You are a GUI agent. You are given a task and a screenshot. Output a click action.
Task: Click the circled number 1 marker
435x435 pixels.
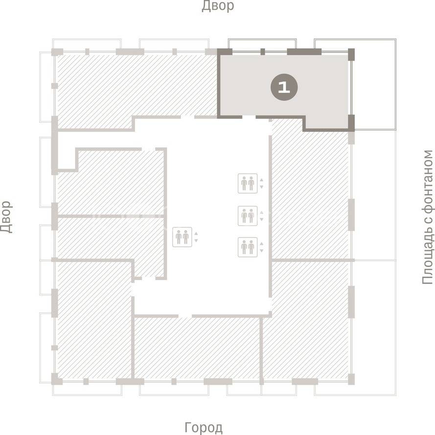pos(284,87)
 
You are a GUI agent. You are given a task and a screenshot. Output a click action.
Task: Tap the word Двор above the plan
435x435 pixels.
pos(218,6)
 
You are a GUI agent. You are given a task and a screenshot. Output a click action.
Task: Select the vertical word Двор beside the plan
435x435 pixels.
pos(6,217)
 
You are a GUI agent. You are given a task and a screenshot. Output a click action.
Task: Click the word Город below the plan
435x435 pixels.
pos(204,428)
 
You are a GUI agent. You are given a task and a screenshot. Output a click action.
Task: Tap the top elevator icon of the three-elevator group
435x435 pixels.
pos(248,183)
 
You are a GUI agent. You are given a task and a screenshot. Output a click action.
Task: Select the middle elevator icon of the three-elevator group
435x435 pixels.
pos(248,216)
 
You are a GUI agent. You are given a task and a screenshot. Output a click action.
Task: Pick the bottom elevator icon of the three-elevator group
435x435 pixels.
pos(248,247)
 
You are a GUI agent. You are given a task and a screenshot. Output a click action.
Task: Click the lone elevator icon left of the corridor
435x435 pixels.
pos(182,237)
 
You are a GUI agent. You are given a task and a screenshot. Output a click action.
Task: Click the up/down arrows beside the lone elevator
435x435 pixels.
pos(196,237)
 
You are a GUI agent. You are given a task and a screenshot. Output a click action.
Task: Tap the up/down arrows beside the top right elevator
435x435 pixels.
pos(261,183)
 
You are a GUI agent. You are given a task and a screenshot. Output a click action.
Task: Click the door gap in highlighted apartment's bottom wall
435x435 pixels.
pos(249,117)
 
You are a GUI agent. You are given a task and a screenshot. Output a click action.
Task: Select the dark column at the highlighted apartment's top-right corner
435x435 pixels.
pos(351,54)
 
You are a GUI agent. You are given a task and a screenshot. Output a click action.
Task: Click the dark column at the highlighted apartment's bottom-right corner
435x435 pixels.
pos(351,122)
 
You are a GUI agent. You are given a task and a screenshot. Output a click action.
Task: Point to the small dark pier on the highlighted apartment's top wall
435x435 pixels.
pos(262,52)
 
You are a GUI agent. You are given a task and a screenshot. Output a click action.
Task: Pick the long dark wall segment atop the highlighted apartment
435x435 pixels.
pos(304,52)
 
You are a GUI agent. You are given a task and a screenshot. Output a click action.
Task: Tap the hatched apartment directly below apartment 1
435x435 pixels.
pos(310,194)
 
